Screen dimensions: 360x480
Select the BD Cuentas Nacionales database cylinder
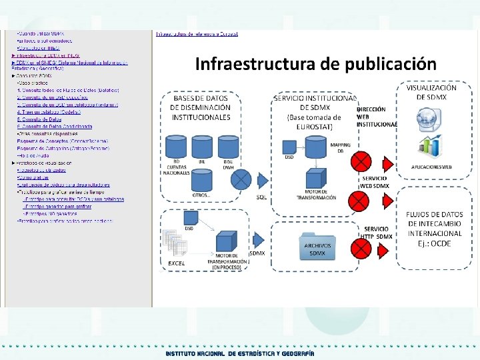point(177,146)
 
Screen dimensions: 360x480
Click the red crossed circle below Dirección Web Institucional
point(361,161)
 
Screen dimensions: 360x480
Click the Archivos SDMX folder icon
point(317,245)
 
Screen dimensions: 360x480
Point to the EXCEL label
point(176,264)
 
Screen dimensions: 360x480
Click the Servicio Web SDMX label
point(376,182)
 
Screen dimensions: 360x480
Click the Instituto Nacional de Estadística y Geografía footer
point(240,353)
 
